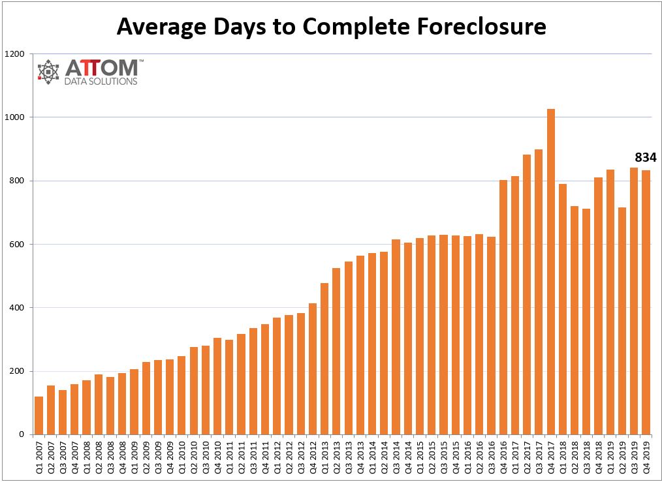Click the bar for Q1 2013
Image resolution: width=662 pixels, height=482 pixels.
(x=324, y=359)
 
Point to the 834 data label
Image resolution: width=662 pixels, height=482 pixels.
(x=645, y=157)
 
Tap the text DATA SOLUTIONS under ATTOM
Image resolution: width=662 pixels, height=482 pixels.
(x=101, y=82)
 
